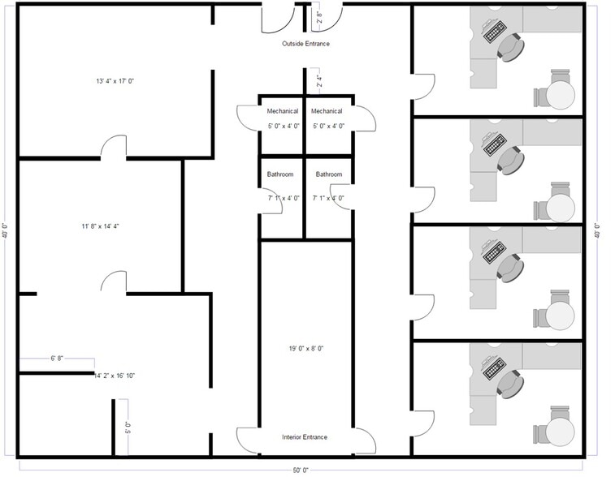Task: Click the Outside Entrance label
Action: [x=305, y=43]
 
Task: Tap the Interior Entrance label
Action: [x=305, y=437]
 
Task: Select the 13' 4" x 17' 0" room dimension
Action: [x=114, y=81]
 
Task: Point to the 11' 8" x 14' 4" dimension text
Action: [x=101, y=226]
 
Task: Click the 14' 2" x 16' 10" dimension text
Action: [x=115, y=376]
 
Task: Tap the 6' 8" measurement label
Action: [x=58, y=358]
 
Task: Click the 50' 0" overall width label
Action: [x=301, y=470]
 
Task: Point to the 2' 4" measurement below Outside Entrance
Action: [x=319, y=81]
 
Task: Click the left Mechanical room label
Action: [x=282, y=111]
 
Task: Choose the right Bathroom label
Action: [x=329, y=174]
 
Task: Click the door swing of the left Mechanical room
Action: [x=246, y=118]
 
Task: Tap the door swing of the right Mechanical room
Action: [x=365, y=118]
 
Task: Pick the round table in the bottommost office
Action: [x=560, y=430]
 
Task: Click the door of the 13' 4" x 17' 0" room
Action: [x=114, y=147]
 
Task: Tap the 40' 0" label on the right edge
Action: [x=597, y=230]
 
